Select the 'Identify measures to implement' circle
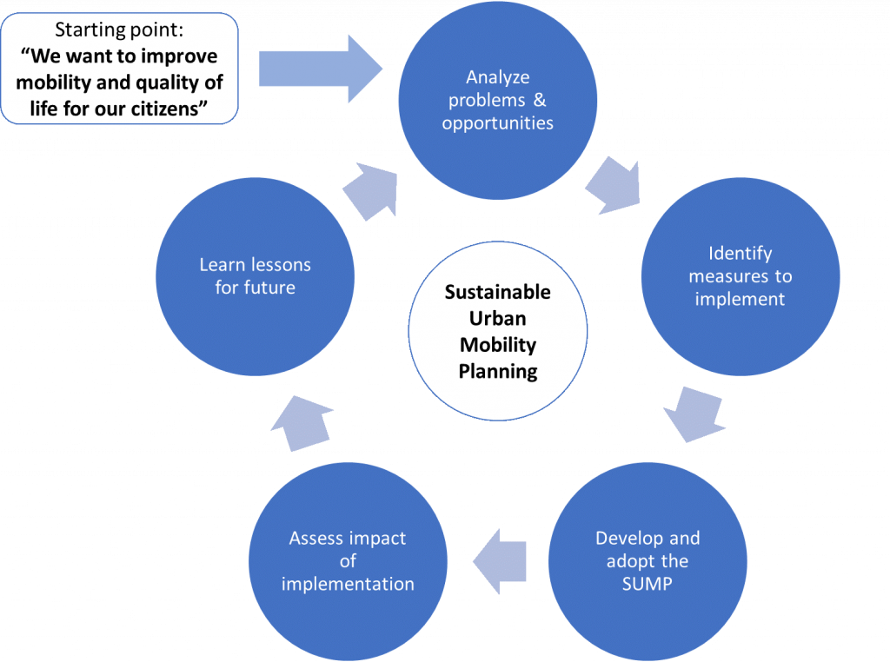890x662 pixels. click(x=740, y=276)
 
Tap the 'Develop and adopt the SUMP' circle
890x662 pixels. click(x=648, y=561)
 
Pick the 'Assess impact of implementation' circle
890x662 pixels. click(x=348, y=561)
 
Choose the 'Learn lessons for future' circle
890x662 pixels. click(x=255, y=276)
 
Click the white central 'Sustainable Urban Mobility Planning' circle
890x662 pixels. click(x=498, y=332)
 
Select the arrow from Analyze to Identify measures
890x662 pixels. click(x=613, y=184)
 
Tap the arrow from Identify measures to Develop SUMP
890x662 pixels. click(x=695, y=414)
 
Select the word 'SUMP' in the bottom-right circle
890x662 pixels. click(x=647, y=584)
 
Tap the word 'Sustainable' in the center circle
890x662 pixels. click(x=498, y=292)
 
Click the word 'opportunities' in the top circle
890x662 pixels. click(x=497, y=122)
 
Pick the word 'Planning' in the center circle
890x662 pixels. click(x=498, y=372)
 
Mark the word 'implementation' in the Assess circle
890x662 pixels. click(x=348, y=584)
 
